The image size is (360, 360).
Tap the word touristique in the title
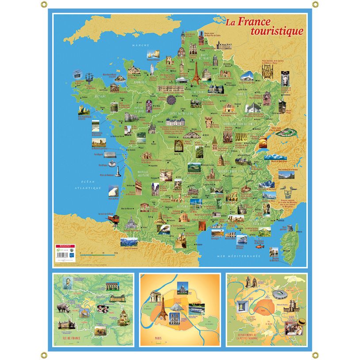pyautogui.click(x=277, y=31)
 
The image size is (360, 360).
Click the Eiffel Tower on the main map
pyautogui.click(x=194, y=72)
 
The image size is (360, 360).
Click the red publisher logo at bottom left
pyautogui.click(x=61, y=246)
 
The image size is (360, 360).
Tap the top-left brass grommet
pyautogui.click(x=44, y=5)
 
